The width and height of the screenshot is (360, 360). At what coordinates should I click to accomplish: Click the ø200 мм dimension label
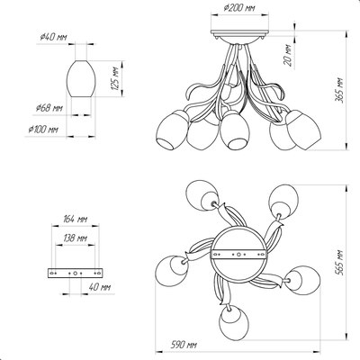pos(239,8)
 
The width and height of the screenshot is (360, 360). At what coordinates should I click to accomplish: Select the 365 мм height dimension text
pos(339,91)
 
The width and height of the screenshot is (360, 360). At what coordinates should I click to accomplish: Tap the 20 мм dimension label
pos(288,55)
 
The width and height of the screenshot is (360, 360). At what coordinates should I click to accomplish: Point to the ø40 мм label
pos(53,37)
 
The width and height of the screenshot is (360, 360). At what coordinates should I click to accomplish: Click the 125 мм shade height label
pos(115,78)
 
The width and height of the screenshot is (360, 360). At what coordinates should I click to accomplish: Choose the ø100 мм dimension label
pos(43,130)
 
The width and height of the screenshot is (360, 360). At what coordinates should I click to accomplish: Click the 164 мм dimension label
pos(75,220)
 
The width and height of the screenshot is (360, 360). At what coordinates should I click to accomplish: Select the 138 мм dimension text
pos(76,238)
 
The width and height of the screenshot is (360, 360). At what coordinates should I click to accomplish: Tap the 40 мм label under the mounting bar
pos(100,287)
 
